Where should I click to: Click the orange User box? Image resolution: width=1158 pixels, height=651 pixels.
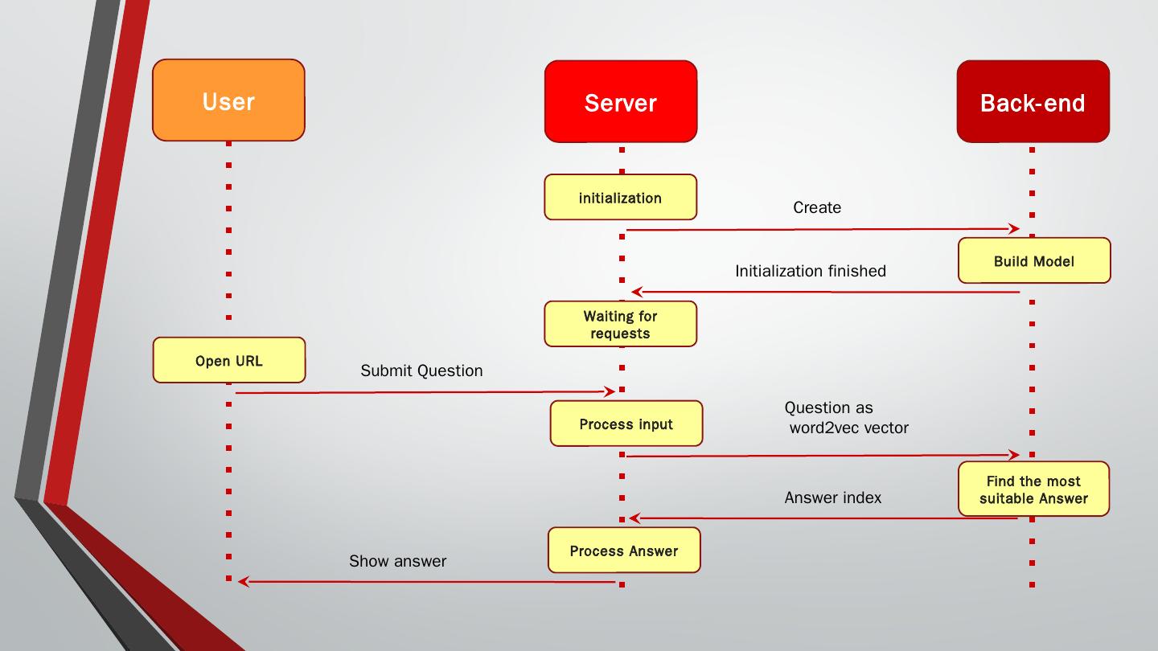tap(228, 100)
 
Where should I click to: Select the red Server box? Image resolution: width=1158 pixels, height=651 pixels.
tap(620, 101)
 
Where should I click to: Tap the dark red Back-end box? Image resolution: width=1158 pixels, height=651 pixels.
tap(1033, 101)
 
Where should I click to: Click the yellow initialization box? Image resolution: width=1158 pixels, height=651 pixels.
tap(620, 198)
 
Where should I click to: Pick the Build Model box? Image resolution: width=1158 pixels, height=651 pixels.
tap(1034, 260)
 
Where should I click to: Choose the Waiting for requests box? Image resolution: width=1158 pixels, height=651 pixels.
tap(620, 324)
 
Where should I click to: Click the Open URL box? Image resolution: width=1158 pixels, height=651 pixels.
tap(229, 360)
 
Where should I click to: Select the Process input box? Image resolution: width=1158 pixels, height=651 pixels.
tap(626, 424)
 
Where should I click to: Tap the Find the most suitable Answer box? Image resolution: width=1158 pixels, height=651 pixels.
tap(1033, 489)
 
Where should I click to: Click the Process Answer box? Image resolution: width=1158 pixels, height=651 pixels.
tap(624, 551)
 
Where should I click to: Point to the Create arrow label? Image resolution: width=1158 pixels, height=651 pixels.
tap(817, 207)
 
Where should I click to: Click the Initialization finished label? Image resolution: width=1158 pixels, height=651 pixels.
tap(811, 272)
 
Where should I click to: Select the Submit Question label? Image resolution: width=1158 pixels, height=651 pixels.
tap(421, 371)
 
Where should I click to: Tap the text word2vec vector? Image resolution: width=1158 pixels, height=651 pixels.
tap(849, 428)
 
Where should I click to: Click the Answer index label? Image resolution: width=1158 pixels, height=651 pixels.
tap(833, 497)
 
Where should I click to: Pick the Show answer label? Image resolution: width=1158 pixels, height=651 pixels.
tap(397, 561)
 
